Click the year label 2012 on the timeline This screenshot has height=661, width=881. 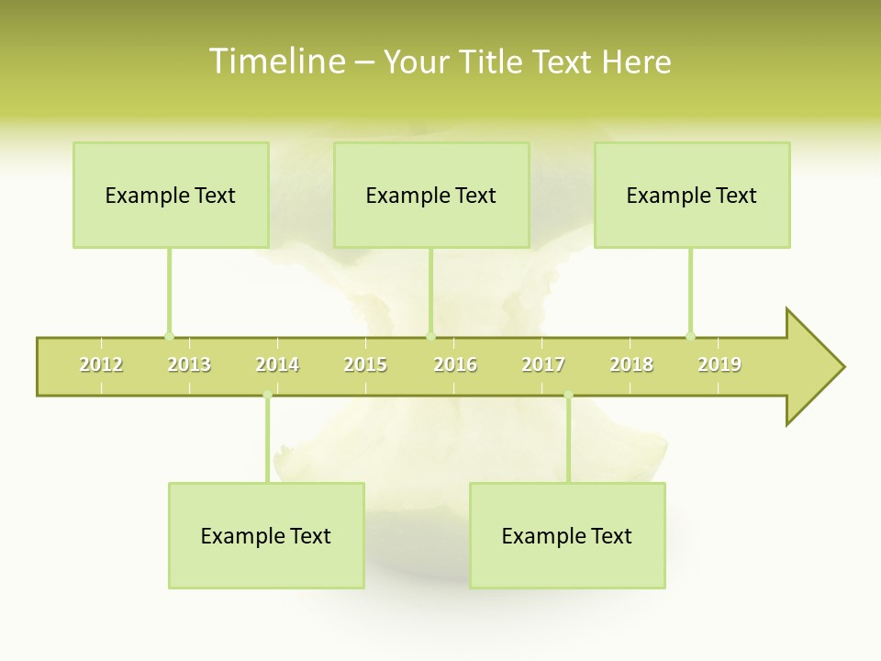click(101, 364)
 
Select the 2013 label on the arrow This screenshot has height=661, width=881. click(189, 364)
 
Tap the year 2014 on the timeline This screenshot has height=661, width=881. click(277, 364)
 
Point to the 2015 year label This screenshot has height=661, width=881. click(365, 364)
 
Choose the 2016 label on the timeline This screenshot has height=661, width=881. click(455, 364)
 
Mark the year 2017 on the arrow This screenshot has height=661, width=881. click(543, 364)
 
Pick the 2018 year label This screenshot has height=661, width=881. click(631, 364)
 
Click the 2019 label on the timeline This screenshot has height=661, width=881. click(719, 364)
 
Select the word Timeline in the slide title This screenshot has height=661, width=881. click(276, 62)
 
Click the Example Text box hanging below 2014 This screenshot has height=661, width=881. click(266, 535)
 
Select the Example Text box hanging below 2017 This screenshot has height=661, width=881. click(567, 535)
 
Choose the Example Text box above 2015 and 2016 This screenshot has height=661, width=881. click(431, 195)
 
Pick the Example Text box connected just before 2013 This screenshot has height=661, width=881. click(171, 195)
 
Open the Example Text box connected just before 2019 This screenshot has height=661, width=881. click(692, 195)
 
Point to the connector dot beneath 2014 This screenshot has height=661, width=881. click(267, 396)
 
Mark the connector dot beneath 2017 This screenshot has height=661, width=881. click(568, 396)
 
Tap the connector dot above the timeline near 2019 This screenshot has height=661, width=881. click(690, 336)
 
